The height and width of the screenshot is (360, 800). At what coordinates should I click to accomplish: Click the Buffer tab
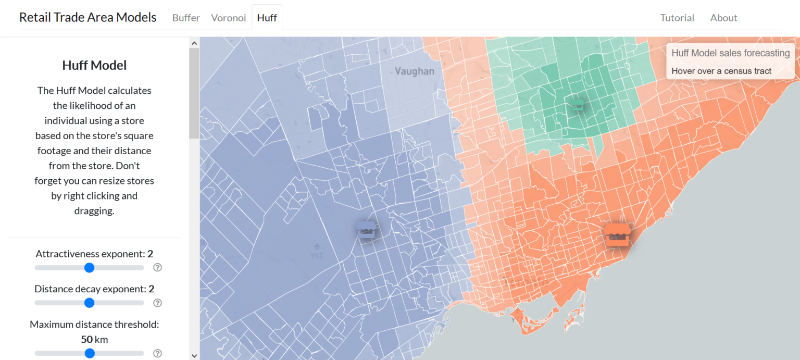(186, 18)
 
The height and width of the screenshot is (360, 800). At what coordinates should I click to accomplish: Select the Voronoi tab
(228, 18)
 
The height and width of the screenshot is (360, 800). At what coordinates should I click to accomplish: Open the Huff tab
(267, 18)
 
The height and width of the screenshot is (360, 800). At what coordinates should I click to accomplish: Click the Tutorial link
(677, 18)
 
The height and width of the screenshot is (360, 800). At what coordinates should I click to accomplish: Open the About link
(723, 18)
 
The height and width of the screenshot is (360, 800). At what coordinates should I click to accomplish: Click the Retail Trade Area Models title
(87, 17)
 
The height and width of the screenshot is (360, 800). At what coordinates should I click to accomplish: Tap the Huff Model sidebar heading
(94, 65)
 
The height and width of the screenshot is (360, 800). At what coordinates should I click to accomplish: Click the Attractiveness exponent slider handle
(89, 267)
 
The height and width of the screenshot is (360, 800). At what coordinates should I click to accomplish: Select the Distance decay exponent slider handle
(89, 303)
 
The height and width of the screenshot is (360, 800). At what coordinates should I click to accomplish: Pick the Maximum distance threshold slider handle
(89, 353)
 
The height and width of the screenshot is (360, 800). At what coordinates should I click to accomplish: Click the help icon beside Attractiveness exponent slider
(158, 267)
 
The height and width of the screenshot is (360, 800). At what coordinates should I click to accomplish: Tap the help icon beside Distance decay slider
(158, 303)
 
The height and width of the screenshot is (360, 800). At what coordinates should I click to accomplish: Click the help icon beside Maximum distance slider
(158, 353)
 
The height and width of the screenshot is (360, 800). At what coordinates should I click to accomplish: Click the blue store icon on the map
(366, 229)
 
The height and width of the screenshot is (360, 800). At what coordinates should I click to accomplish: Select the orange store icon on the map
(618, 235)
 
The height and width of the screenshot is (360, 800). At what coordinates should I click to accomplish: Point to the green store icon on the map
(578, 105)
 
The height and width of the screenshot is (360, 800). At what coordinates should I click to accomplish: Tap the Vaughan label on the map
(414, 71)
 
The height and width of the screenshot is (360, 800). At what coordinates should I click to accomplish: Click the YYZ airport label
(317, 256)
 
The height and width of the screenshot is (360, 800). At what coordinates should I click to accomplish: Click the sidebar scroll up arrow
(194, 43)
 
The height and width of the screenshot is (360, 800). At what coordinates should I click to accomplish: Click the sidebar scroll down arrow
(194, 355)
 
